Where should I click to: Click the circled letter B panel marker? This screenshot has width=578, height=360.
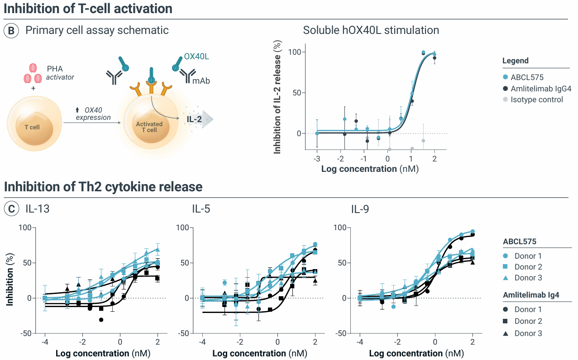pyautogui.click(x=12, y=31)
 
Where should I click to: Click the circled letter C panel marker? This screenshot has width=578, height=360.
pyautogui.click(x=12, y=209)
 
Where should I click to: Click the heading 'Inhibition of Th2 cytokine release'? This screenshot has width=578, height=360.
pyautogui.click(x=103, y=187)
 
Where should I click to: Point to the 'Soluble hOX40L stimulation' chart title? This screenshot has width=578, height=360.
pyautogui.click(x=371, y=31)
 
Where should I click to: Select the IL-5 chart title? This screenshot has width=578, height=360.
pyautogui.click(x=201, y=209)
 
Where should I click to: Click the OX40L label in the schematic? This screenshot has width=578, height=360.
pyautogui.click(x=196, y=57)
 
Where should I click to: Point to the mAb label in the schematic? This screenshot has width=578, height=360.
pyautogui.click(x=201, y=81)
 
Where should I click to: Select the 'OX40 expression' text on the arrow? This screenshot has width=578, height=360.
pyautogui.click(x=93, y=114)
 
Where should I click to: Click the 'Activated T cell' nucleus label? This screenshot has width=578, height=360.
pyautogui.click(x=149, y=127)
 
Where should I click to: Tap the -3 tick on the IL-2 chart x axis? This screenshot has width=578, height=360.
pyautogui.click(x=317, y=159)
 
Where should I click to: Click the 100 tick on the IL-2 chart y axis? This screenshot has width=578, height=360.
pyautogui.click(x=295, y=52)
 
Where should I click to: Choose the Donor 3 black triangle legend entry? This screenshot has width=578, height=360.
pyautogui.click(x=528, y=333)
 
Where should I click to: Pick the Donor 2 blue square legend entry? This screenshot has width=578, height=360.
pyautogui.click(x=528, y=267)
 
